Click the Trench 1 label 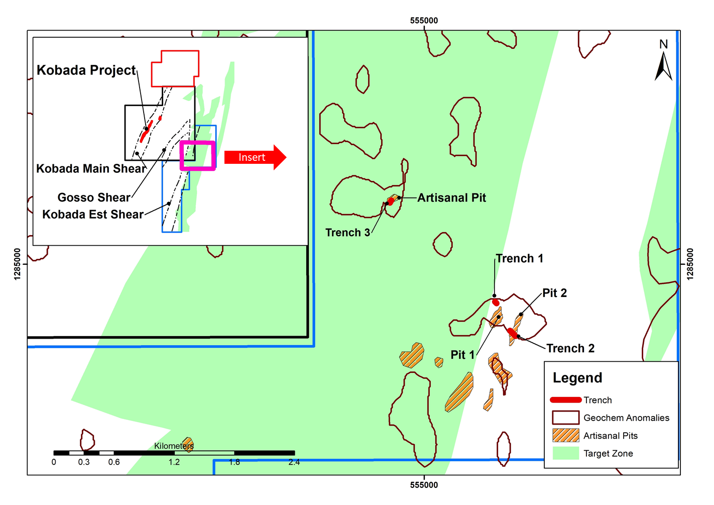click(x=519, y=259)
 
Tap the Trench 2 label click(x=570, y=349)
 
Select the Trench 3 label click(x=347, y=233)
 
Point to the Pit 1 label click(x=462, y=355)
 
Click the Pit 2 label click(x=554, y=293)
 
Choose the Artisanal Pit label click(x=451, y=198)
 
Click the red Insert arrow click(x=255, y=157)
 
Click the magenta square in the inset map click(x=198, y=156)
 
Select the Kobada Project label click(x=86, y=70)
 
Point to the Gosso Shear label click(x=94, y=197)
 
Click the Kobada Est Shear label click(x=93, y=215)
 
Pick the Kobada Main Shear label click(x=91, y=169)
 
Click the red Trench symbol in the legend click(x=565, y=400)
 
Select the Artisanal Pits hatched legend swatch click(x=565, y=436)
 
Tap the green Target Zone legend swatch click(x=565, y=453)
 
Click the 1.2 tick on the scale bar click(x=174, y=462)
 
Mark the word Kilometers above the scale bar click(x=174, y=446)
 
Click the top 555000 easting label click(x=424, y=21)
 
